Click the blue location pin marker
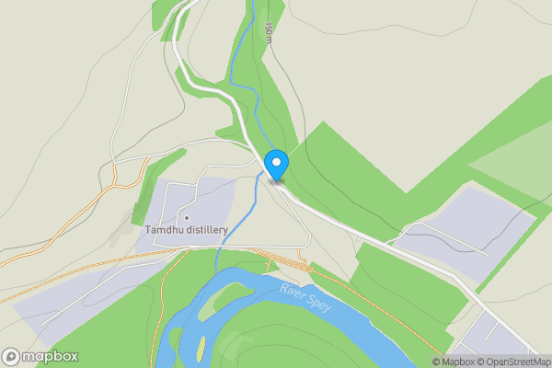point(276,166)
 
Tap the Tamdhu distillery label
point(186,230)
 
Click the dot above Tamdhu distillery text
point(186,217)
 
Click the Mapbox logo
point(40,356)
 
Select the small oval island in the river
point(201,347)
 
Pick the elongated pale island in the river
point(226,294)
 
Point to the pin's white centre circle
point(276,162)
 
